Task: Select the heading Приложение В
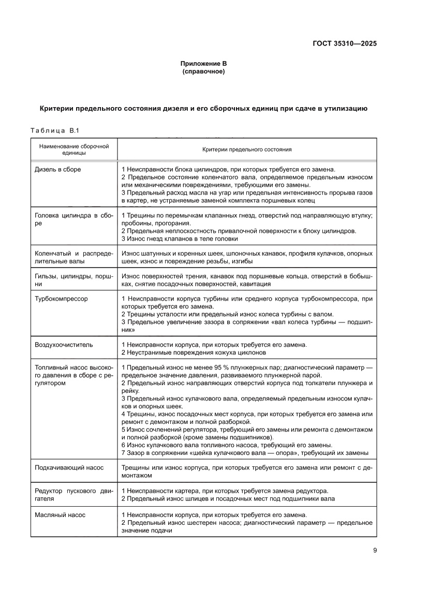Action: click(x=203, y=64)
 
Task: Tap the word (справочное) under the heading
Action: click(x=203, y=72)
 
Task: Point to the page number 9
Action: click(x=374, y=551)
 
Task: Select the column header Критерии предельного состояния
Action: click(x=247, y=150)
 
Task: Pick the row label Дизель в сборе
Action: click(x=57, y=169)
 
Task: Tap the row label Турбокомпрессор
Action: click(x=61, y=299)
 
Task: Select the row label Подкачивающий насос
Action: click(x=68, y=467)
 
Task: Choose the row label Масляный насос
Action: click(x=60, y=515)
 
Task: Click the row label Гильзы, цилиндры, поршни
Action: click(x=73, y=280)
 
